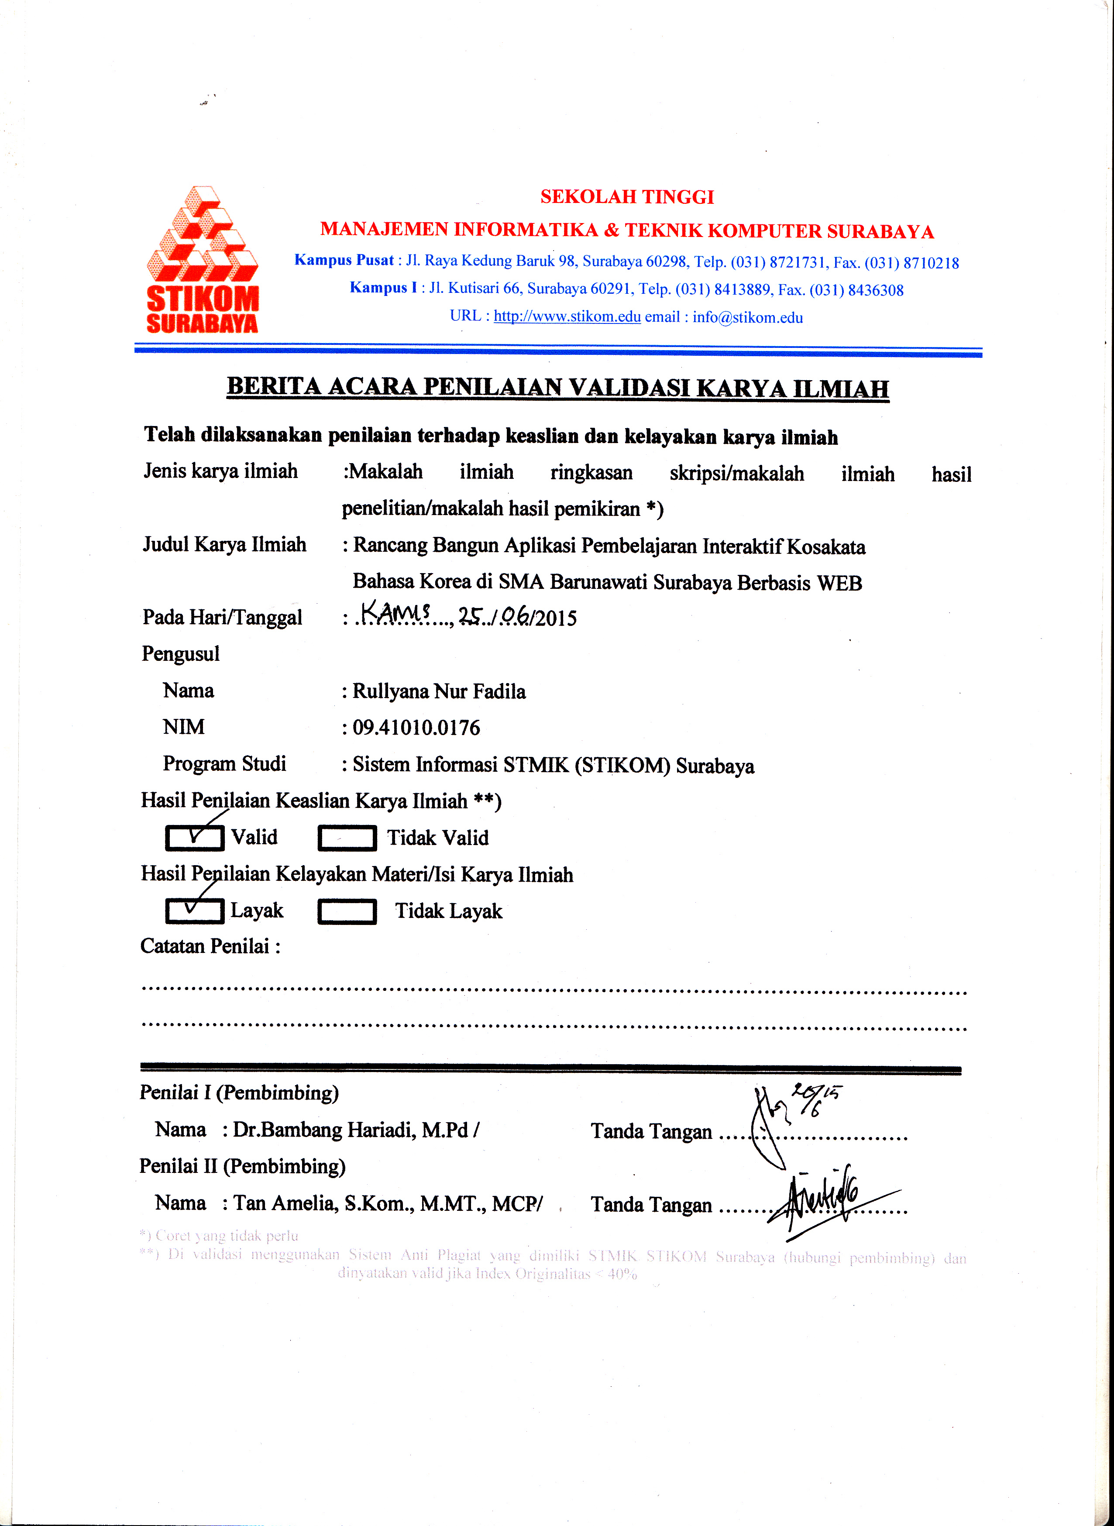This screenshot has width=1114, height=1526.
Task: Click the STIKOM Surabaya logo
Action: [x=202, y=260]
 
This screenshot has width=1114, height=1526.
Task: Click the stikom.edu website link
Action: [x=567, y=316]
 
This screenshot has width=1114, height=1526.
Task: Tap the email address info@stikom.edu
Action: [x=747, y=318]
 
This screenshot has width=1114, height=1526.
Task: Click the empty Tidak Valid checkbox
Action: [x=347, y=838]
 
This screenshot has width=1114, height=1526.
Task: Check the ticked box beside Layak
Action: [x=194, y=911]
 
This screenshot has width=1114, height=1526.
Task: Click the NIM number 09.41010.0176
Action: [x=416, y=728]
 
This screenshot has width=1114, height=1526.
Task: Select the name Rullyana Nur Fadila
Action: [x=439, y=691]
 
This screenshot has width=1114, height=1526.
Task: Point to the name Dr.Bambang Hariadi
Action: [x=324, y=1130]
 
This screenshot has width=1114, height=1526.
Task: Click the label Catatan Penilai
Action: [x=210, y=946]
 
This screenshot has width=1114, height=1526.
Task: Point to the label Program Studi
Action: [x=224, y=763]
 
